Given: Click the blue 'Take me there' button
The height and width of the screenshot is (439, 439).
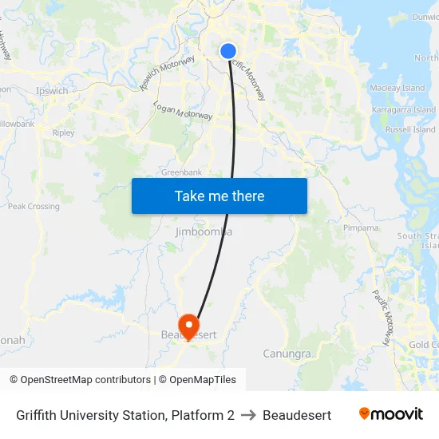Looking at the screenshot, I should click(x=219, y=196).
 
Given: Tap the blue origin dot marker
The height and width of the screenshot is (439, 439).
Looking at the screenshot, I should click(x=227, y=51).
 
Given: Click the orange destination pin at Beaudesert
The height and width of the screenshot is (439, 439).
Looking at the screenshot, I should click(x=189, y=325).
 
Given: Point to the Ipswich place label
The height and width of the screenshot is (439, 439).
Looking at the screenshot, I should click(x=52, y=91).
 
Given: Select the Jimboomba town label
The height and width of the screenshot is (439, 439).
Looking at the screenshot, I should click(x=203, y=231).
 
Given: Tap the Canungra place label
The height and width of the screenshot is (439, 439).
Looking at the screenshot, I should click(x=287, y=353).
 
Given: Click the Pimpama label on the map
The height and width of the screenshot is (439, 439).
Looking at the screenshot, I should click(x=361, y=227).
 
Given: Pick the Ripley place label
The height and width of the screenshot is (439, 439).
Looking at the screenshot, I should click(x=63, y=132).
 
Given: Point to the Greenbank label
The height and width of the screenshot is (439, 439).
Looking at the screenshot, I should click(x=181, y=172).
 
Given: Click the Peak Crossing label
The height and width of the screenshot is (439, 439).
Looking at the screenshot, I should click(x=34, y=206).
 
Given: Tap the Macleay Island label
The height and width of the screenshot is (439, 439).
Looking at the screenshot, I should click(x=397, y=88).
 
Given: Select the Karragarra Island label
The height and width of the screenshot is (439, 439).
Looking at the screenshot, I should click(x=404, y=109).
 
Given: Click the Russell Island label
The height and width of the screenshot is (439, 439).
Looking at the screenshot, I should click(x=410, y=129).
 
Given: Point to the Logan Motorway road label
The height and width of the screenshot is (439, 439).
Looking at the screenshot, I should click(x=183, y=111).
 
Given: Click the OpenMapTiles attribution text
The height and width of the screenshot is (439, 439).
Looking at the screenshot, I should click(x=203, y=380).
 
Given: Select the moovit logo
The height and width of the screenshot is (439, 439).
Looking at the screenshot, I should click(x=390, y=414).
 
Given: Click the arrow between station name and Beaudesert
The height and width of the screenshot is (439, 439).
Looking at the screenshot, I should click(x=248, y=415).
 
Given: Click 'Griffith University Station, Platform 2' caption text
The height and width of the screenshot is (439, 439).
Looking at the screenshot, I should click(x=125, y=415).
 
